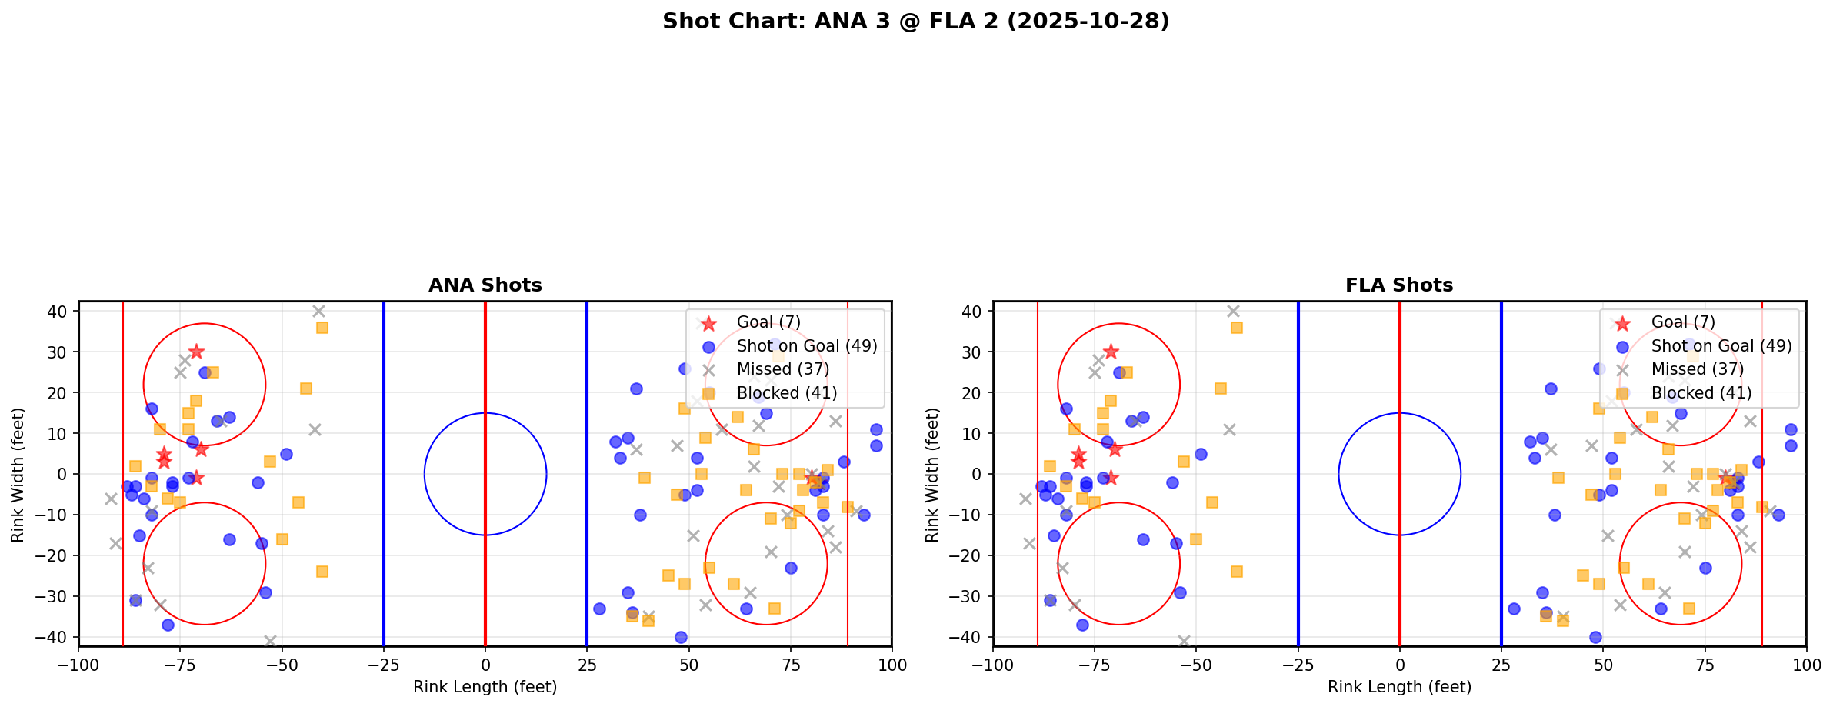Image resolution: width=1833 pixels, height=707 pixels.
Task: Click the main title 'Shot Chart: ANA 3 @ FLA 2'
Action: click(x=915, y=22)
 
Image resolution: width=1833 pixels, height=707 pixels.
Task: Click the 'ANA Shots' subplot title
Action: click(x=485, y=285)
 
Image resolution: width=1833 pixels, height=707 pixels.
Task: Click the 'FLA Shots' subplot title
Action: click(x=1399, y=285)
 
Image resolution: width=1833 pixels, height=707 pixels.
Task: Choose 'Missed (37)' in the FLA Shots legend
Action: click(x=1698, y=369)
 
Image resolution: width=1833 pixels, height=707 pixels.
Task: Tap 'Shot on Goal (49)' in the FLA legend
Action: click(x=1721, y=346)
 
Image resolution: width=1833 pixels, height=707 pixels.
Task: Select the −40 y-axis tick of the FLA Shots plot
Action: click(x=971, y=637)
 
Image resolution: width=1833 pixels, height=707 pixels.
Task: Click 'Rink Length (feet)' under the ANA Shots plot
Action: click(x=485, y=687)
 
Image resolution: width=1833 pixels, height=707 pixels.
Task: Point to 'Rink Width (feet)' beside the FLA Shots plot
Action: click(x=932, y=474)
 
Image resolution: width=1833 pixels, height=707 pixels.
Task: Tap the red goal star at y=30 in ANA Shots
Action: click(x=196, y=352)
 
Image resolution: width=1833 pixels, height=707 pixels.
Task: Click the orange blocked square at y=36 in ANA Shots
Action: click(x=322, y=328)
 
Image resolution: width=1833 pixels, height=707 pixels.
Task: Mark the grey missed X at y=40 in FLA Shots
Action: click(x=1233, y=312)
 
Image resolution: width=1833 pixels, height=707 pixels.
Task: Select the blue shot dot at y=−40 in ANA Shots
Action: click(x=681, y=637)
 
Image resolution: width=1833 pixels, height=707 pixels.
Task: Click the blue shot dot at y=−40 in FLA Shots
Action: click(x=1595, y=637)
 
